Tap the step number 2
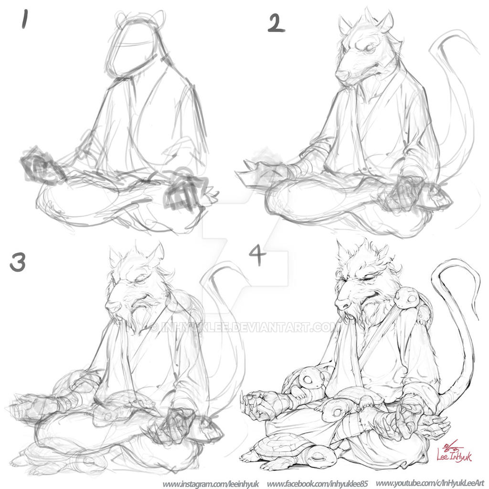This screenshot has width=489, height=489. click(276, 23)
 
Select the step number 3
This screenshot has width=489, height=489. click(17, 262)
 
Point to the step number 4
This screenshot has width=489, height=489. click(257, 257)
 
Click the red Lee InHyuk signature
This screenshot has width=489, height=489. click(453, 453)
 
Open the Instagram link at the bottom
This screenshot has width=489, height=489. click(210, 483)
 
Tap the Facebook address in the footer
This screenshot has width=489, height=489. click(318, 483)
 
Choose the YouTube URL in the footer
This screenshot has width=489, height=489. click(430, 483)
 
